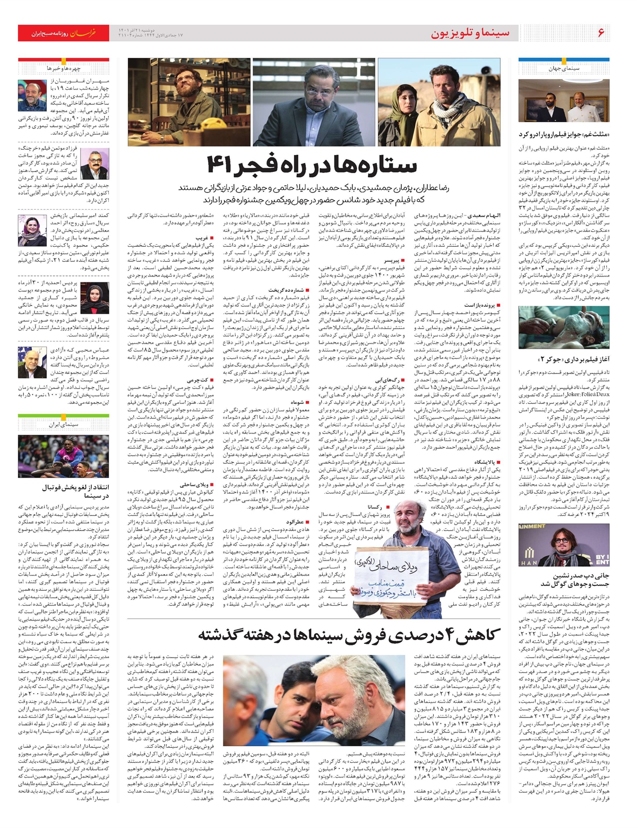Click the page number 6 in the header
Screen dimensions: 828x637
pyautogui.click(x=601, y=33)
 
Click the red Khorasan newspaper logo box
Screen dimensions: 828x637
pyautogui.click(x=64, y=33)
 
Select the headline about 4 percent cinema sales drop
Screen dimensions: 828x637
pyautogui.click(x=349, y=634)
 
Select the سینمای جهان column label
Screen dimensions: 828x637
pyautogui.click(x=564, y=68)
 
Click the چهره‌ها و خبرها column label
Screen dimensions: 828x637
pyautogui.click(x=64, y=68)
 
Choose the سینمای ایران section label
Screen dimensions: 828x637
pyautogui.click(x=64, y=425)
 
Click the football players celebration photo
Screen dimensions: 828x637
pyautogui.click(x=64, y=456)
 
